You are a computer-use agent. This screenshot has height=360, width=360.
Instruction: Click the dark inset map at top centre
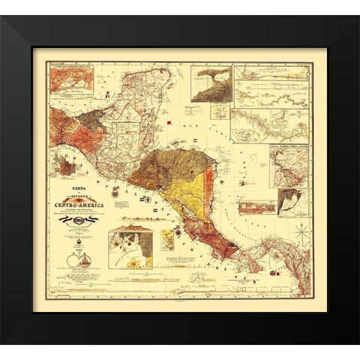tap(210, 83)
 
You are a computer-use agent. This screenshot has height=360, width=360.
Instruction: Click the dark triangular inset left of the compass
tap(290, 202)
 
